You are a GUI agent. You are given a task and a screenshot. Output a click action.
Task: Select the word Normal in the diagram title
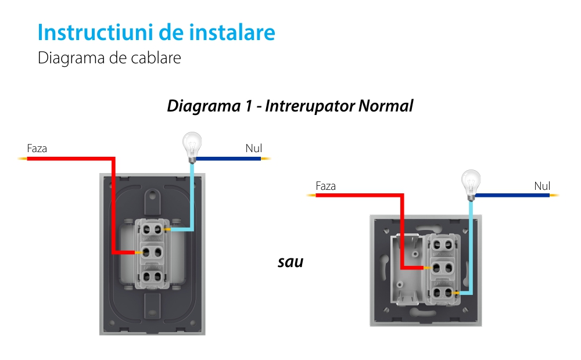click(386, 106)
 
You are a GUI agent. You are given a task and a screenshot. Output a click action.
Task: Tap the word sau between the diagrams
click(290, 262)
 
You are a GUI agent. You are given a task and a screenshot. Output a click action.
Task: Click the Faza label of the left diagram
click(37, 149)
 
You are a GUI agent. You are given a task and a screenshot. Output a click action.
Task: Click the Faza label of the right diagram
click(326, 186)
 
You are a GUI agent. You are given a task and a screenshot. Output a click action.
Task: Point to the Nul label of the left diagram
click(254, 148)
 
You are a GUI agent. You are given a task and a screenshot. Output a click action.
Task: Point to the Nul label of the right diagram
click(542, 186)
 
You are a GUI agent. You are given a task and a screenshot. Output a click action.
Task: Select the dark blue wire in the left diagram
click(228, 159)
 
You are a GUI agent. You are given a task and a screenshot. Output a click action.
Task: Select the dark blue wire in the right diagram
click(512, 195)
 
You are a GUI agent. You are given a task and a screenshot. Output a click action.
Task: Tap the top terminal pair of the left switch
click(152, 229)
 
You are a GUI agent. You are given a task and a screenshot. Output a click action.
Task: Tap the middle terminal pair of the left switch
click(152, 253)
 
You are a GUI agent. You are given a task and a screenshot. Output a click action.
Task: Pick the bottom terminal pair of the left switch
click(152, 276)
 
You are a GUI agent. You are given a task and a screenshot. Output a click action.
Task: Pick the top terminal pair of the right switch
click(442, 244)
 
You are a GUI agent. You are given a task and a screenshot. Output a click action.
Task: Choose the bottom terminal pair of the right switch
click(442, 293)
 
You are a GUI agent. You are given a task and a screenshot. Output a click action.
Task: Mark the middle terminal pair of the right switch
click(442, 268)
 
